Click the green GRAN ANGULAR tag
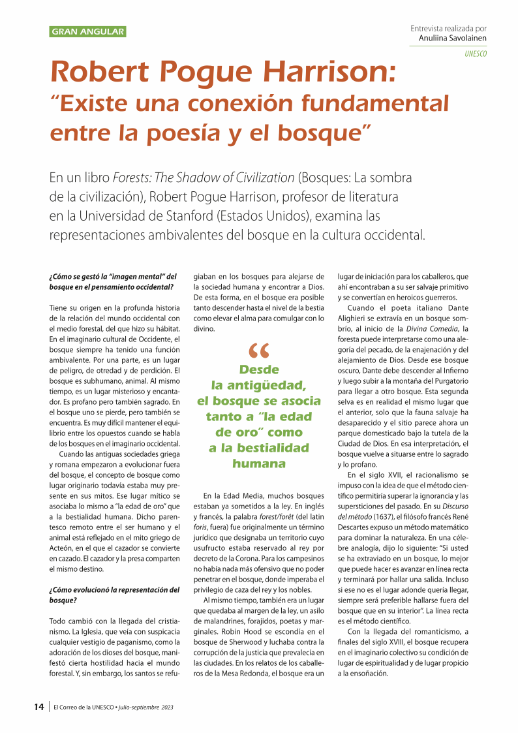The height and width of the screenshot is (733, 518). click(87, 31)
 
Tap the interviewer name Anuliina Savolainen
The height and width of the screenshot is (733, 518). click(453, 38)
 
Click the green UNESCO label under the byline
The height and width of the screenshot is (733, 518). click(476, 54)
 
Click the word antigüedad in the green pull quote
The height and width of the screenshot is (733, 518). click(268, 385)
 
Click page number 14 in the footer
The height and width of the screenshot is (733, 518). click(39, 707)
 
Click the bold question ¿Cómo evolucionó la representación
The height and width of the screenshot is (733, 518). click(114, 590)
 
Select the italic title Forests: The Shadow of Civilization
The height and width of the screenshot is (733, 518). click(204, 178)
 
